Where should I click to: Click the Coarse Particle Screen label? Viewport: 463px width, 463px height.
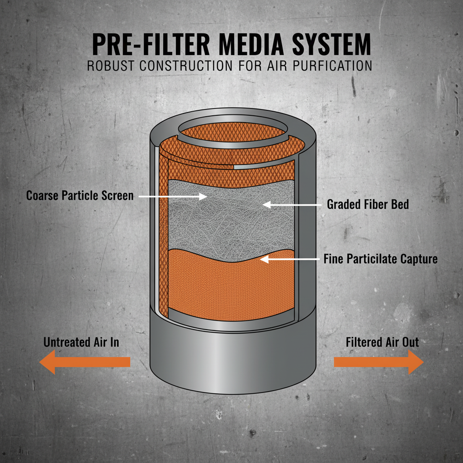(x=80, y=196)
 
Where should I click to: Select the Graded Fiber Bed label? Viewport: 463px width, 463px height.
(x=368, y=204)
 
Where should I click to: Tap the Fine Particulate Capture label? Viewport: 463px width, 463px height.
(x=380, y=259)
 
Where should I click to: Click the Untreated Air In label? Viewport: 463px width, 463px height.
(x=81, y=342)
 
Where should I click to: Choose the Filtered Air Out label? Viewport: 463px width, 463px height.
(x=382, y=342)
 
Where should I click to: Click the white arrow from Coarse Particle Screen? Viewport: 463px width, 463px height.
(x=172, y=196)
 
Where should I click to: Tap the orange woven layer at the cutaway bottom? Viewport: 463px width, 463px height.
(x=231, y=285)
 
